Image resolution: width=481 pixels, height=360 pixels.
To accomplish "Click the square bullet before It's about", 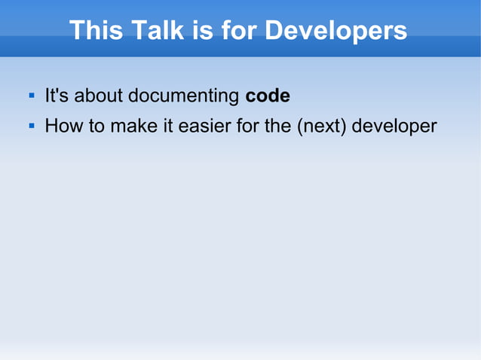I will (32, 96).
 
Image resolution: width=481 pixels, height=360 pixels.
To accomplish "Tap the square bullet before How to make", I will (32, 126).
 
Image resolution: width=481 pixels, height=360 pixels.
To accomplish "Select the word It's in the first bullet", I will (57, 96).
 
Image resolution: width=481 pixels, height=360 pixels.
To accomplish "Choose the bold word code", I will (268, 96).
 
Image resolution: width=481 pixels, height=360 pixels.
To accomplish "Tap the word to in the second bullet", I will (97, 126).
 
